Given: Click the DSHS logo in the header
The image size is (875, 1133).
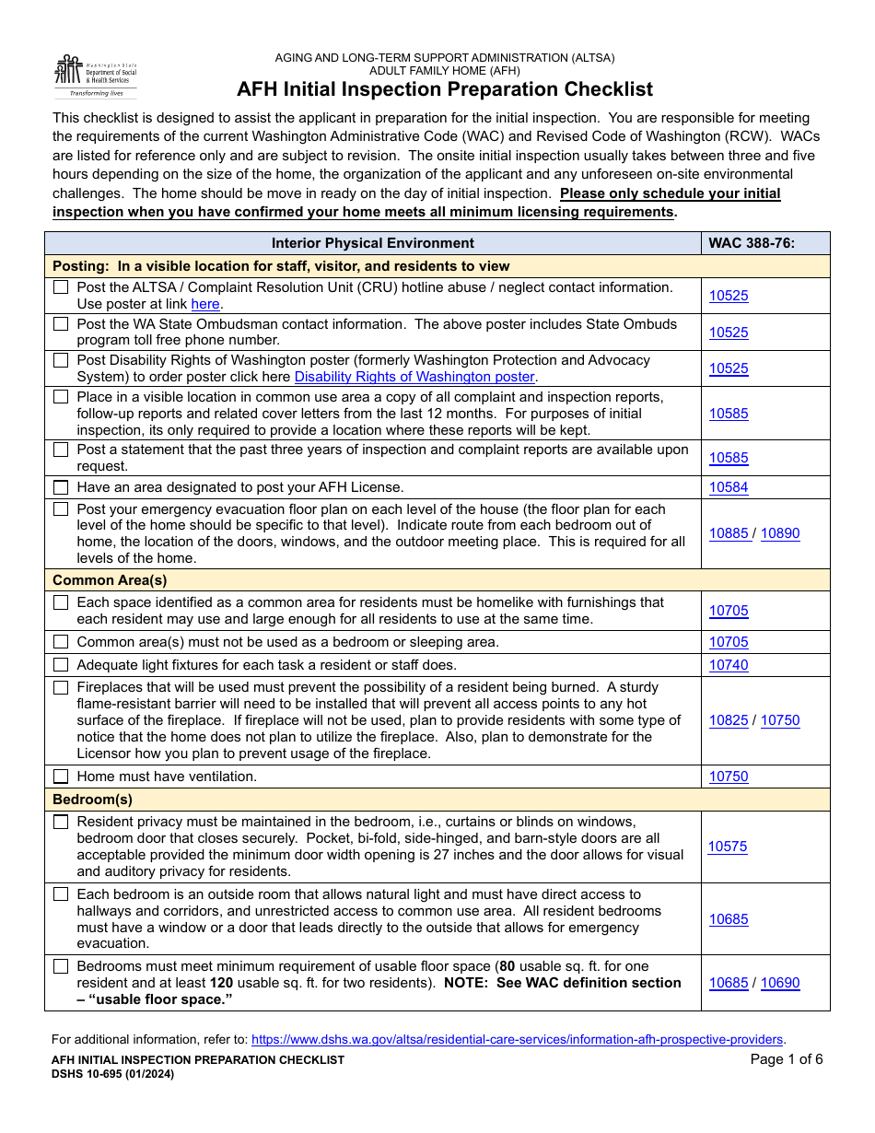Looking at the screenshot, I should pos(95,76).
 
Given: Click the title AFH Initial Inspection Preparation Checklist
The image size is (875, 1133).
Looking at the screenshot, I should pos(445,89).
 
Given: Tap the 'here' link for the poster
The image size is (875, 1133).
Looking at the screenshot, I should pos(205,304).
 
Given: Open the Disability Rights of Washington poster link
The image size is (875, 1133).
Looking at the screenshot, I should pos(414,377).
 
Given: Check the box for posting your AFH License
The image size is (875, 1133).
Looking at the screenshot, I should pos(61,487).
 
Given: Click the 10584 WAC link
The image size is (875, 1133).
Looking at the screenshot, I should pos(729,487).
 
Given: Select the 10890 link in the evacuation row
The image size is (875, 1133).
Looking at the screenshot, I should pos(780,533).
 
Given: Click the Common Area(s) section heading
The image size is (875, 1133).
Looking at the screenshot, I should pos(110,580).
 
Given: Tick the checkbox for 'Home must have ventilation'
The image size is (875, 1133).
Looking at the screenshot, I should pos(61,777).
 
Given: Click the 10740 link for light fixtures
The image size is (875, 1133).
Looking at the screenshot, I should pos(729,665).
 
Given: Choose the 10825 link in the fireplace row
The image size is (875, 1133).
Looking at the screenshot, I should pos(729,720).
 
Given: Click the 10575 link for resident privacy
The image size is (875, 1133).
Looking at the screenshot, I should pos(728,847).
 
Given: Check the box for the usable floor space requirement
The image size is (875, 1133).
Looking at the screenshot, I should pos(61,966).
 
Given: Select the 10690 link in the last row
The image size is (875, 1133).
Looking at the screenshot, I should pos(780,983).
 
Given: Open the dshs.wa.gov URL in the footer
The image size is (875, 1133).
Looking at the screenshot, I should pos(518,1039).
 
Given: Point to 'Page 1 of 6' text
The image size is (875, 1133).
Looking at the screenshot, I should pos(787,1059).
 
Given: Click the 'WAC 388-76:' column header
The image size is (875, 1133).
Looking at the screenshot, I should pos(751,243).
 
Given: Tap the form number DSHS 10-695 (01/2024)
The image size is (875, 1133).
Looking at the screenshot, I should pos(113,1074).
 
